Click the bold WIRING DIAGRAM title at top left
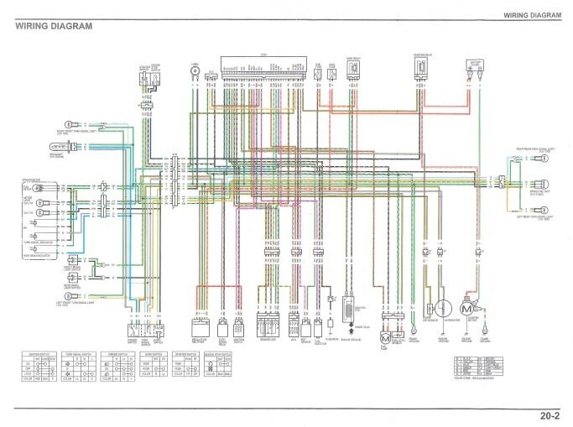(x=54, y=25)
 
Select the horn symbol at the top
(x=195, y=72)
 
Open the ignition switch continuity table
(x=36, y=366)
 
